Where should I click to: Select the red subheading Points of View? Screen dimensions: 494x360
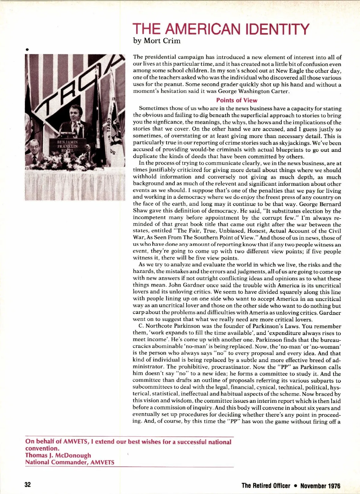237,100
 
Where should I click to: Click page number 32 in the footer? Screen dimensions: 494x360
28,485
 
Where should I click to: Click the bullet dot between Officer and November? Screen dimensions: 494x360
295,486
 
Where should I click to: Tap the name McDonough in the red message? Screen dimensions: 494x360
73,455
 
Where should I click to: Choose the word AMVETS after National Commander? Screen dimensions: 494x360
102,462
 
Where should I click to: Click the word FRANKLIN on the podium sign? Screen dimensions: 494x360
67,146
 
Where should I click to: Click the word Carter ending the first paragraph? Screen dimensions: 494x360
279,91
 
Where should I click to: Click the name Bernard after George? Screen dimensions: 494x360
329,204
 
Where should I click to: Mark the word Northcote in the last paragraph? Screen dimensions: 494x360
159,326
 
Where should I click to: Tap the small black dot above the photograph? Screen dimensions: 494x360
27,49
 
